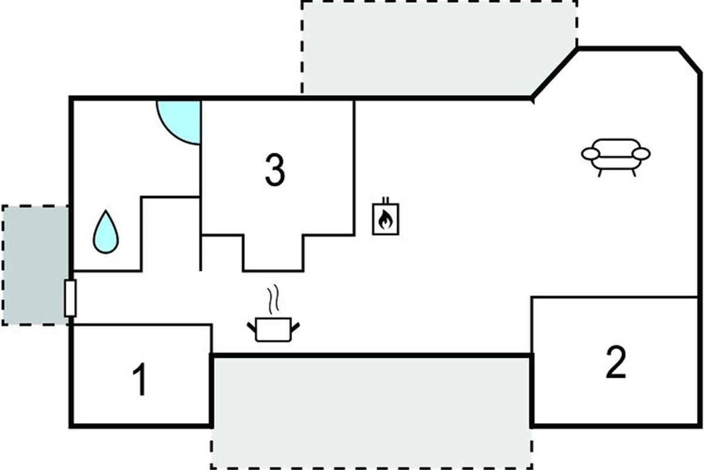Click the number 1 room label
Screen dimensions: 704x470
tap(139, 380)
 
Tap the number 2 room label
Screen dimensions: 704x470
tap(615, 362)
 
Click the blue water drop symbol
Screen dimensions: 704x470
tap(106, 231)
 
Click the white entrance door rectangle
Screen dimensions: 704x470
tap(70, 298)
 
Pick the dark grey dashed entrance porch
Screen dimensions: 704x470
tap(35, 265)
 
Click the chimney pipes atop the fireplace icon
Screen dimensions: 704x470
tap(386, 200)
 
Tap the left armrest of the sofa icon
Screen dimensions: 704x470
tap(591, 155)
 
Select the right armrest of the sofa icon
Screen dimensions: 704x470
tap(641, 155)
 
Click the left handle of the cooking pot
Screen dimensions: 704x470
tap(252, 327)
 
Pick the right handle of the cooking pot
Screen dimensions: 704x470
tap(296, 327)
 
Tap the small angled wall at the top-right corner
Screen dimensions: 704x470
tap(690, 61)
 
